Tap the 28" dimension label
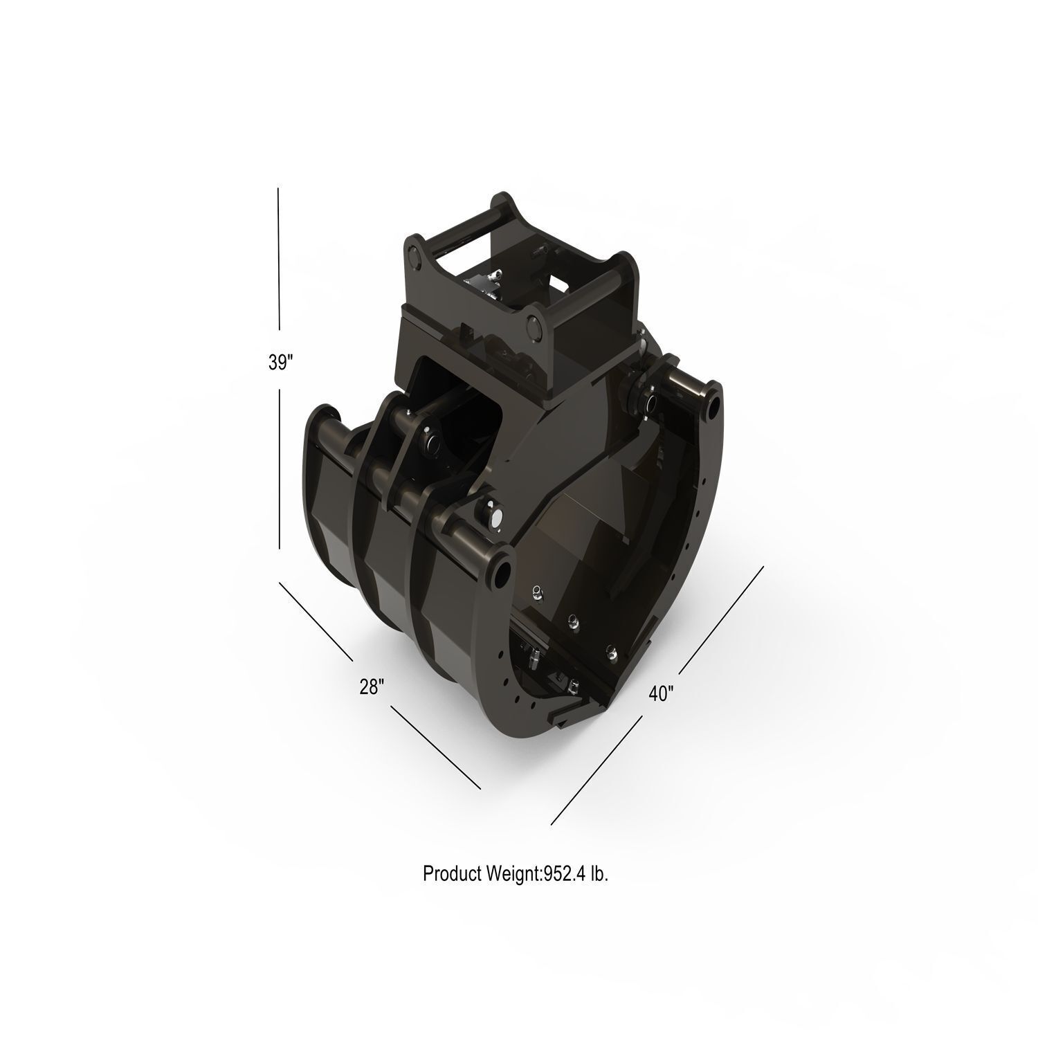click(x=372, y=687)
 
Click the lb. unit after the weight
click(x=599, y=874)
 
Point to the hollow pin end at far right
click(x=710, y=408)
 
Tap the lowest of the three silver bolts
click(x=610, y=649)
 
